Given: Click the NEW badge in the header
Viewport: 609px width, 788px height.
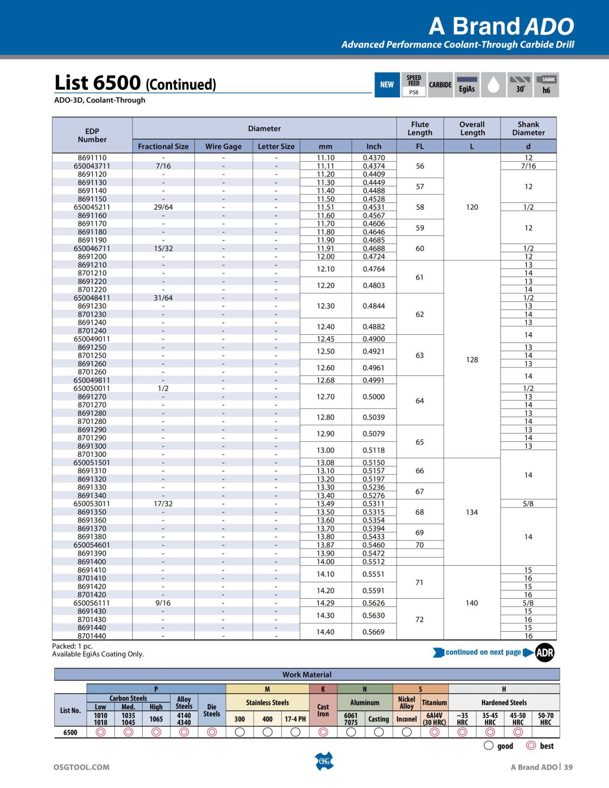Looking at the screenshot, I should coord(387,85).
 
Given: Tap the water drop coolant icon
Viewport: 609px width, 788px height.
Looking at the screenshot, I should coord(493,85).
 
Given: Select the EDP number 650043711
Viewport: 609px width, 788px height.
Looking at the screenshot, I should coord(92,166).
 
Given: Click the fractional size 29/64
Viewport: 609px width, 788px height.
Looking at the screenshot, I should coord(163,207).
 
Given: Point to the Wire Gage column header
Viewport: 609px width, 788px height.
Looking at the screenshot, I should coord(223,146).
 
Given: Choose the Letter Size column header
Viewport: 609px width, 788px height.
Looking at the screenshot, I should coord(276,146).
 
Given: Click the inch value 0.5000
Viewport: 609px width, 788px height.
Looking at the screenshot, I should coord(374,397).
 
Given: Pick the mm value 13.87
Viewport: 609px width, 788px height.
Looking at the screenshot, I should coord(325,545).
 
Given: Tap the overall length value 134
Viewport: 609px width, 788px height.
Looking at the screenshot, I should coord(472,512).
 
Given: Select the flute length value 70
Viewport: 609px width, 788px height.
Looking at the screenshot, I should coord(420,545).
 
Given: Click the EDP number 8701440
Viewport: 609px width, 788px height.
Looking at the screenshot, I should coord(92,636).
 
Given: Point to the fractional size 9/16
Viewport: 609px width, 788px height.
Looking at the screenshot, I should coord(163,603).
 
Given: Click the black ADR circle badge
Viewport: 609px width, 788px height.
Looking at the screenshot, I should coord(545,653).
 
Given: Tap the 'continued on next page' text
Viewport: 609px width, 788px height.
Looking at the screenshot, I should coord(483,652).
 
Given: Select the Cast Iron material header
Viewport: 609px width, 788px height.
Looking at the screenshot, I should coord(323,710).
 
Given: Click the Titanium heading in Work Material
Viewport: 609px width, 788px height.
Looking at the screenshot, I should coord(434,703).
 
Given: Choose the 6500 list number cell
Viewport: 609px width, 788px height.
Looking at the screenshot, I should coord(71,732).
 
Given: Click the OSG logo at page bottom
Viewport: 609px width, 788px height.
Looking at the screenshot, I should coord(324,761).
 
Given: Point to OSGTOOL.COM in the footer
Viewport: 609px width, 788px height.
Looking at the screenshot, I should coord(81,767).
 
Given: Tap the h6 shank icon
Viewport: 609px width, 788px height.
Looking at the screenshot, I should coord(546,85).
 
